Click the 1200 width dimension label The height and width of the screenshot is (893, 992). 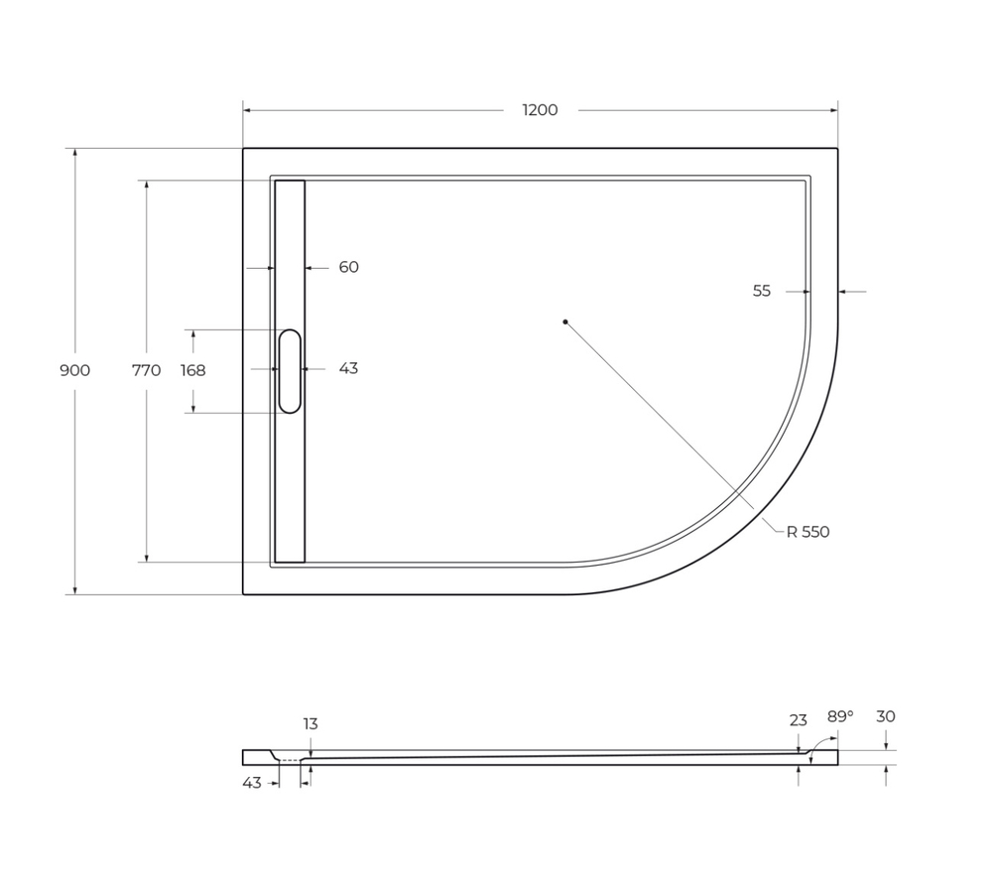[540, 110]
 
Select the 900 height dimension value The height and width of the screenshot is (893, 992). [74, 370]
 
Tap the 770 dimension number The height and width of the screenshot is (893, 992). [146, 370]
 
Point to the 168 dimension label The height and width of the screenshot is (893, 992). [192, 370]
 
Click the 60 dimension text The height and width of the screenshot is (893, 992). [348, 267]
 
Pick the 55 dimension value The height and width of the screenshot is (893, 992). [761, 291]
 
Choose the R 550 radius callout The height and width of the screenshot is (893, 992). [807, 532]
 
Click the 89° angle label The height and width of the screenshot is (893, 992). [840, 715]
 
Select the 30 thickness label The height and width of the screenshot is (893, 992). [886, 715]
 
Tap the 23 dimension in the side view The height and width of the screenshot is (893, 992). [799, 720]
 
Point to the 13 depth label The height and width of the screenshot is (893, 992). [310, 723]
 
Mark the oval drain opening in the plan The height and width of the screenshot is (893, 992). [290, 370]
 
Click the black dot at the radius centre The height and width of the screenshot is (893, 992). [565, 321]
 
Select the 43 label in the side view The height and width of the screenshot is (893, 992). [252, 783]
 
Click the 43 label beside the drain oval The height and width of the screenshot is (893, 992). [348, 368]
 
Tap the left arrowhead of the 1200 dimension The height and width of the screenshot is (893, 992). [247, 110]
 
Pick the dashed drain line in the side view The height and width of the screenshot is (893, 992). [290, 760]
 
